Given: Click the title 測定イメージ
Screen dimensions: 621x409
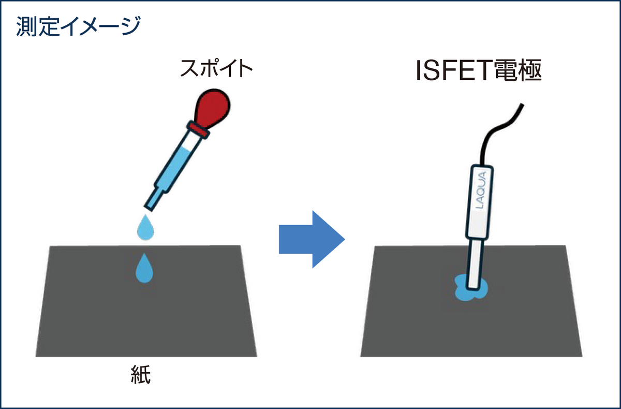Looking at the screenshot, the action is pos(78,26).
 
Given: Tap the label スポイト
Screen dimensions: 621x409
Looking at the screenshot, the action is pos(216,68).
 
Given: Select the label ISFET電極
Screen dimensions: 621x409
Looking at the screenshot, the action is pos(479,70).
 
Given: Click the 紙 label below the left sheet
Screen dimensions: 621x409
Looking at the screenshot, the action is pos(141,374).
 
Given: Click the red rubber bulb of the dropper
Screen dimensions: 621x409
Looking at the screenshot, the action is pos(213,108).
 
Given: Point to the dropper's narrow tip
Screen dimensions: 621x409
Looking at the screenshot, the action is pos(153,198).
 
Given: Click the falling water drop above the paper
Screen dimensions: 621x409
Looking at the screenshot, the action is pos(145,227).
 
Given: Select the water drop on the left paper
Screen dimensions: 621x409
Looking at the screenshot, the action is pos(144,268).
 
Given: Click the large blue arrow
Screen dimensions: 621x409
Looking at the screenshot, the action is pos(312,239).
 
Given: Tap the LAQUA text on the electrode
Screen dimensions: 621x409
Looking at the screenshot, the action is pos(481,189).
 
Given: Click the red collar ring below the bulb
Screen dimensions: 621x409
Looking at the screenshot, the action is pos(198,129).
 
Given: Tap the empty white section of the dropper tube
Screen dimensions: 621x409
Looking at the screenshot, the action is pos(192,142).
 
